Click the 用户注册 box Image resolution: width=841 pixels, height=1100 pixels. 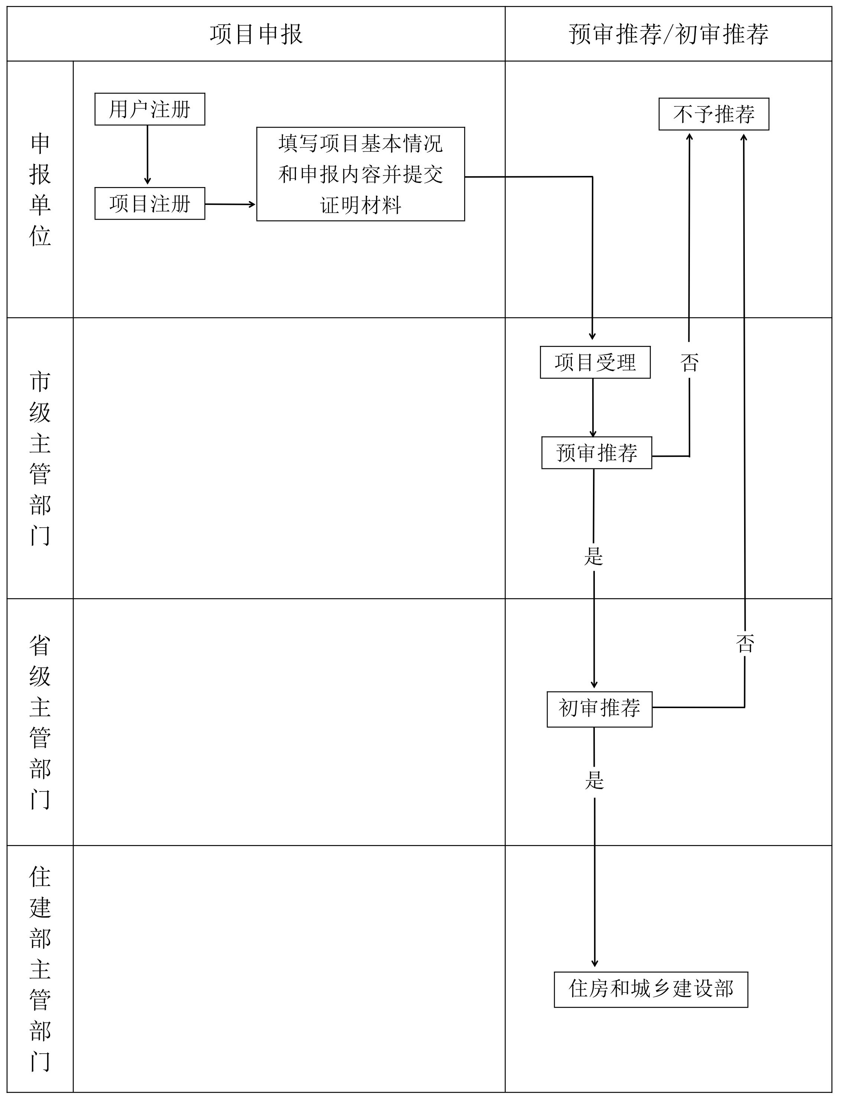[x=150, y=109]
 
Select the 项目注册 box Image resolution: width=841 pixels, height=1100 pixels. [x=150, y=204]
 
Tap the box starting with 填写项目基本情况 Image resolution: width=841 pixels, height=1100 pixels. [x=361, y=174]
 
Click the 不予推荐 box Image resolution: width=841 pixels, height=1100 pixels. [x=713, y=114]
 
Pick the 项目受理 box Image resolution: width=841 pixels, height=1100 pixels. [x=595, y=362]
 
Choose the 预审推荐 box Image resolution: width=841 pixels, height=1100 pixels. [x=596, y=453]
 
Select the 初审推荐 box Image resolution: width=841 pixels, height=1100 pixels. [x=599, y=708]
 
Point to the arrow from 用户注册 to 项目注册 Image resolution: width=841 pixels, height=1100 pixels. [x=147, y=155]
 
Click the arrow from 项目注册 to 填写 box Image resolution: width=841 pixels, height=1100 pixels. [x=230, y=204]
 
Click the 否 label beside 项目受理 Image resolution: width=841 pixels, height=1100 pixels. [x=689, y=362]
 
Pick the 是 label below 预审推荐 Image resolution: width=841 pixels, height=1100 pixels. [x=594, y=556]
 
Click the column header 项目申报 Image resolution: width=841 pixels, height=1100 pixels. [x=256, y=34]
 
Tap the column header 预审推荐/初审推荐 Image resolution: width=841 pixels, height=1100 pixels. [x=668, y=34]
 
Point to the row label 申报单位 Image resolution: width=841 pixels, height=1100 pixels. [x=40, y=189]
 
